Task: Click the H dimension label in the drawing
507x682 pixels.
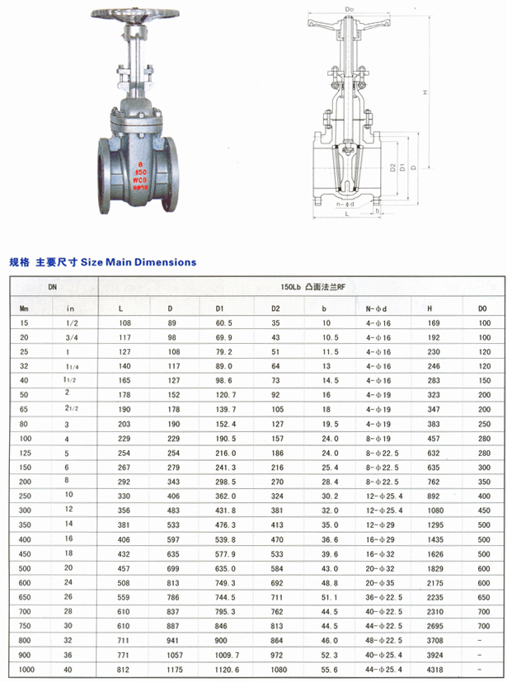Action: coord(426,92)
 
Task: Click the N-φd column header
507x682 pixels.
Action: coord(376,308)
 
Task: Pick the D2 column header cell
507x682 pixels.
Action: coord(276,308)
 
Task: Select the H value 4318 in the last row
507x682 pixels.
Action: coord(434,671)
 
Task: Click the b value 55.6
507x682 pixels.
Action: coord(330,671)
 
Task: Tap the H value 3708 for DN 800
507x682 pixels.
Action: coord(434,640)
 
